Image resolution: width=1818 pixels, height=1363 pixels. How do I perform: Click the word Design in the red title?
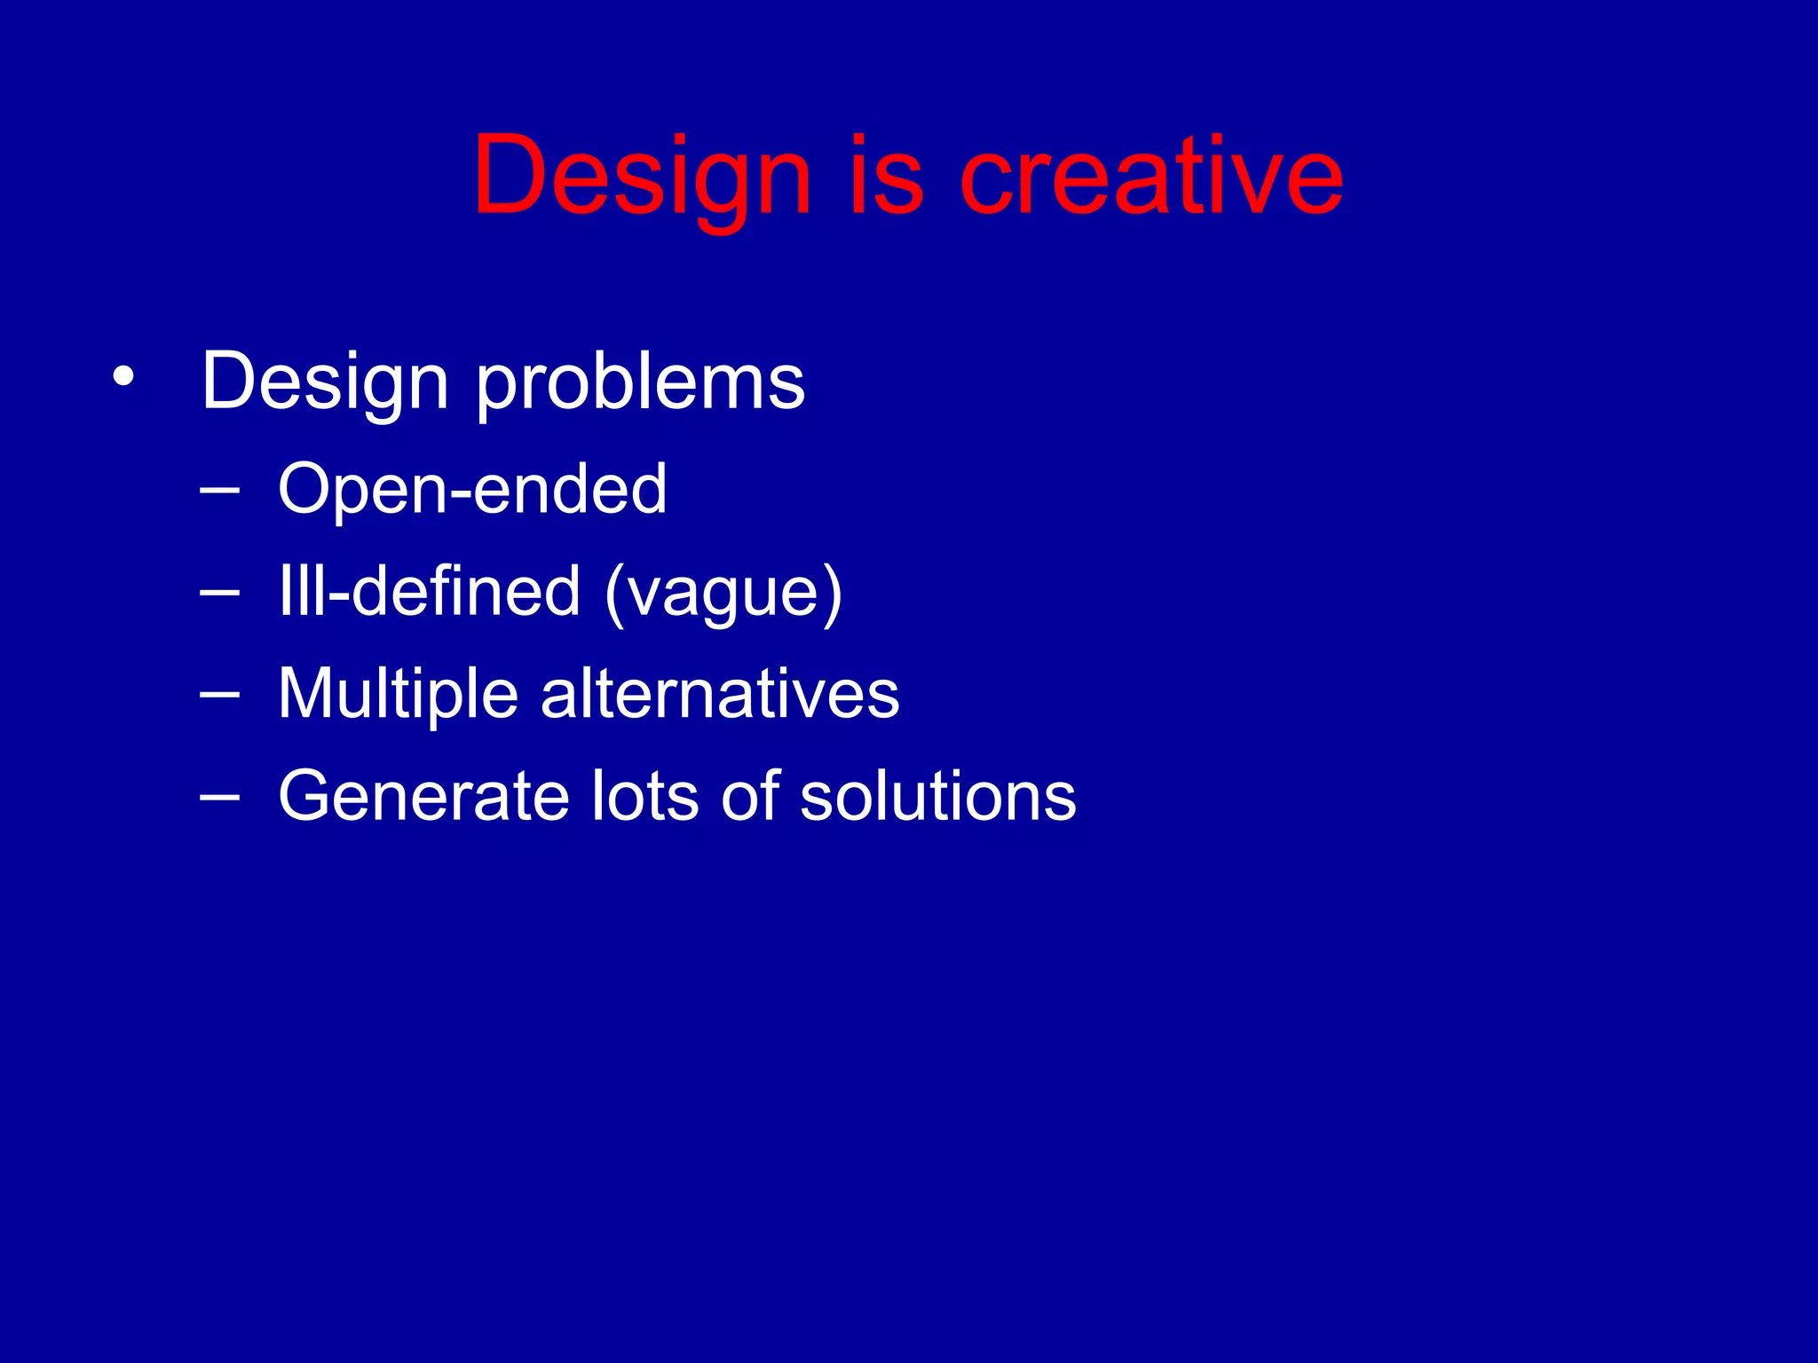click(641, 176)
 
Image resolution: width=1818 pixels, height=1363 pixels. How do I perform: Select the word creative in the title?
click(1151, 176)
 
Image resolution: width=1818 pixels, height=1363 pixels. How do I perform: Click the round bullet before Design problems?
click(123, 378)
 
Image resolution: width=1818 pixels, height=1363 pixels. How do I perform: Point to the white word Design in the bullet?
click(325, 382)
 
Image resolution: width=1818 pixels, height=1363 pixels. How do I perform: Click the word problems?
click(641, 382)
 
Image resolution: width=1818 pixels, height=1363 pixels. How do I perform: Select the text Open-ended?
click(472, 489)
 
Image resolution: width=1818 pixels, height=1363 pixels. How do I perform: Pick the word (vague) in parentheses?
click(723, 593)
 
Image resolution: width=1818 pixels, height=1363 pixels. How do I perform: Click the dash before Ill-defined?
click(219, 591)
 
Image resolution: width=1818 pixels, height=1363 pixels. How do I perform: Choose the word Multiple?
click(398, 694)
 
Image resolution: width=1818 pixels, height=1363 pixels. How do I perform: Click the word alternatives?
click(720, 694)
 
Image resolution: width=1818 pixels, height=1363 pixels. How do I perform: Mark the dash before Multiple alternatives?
click(219, 694)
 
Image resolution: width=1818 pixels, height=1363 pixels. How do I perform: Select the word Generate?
click(423, 796)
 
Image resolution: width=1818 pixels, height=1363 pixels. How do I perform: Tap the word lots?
click(645, 796)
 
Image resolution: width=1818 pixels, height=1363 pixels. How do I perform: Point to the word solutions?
click(937, 796)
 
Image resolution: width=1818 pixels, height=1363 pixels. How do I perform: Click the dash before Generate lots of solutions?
click(219, 796)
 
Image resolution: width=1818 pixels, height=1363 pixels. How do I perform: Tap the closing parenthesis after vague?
click(832, 593)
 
